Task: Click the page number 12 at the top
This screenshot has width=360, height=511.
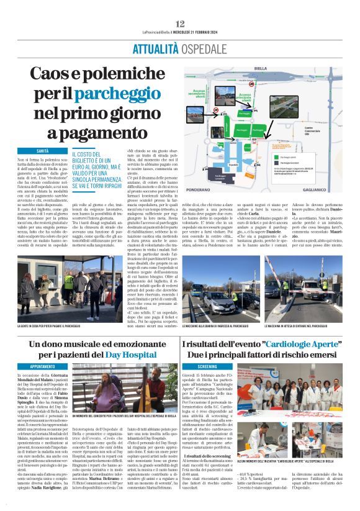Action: tap(180, 24)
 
